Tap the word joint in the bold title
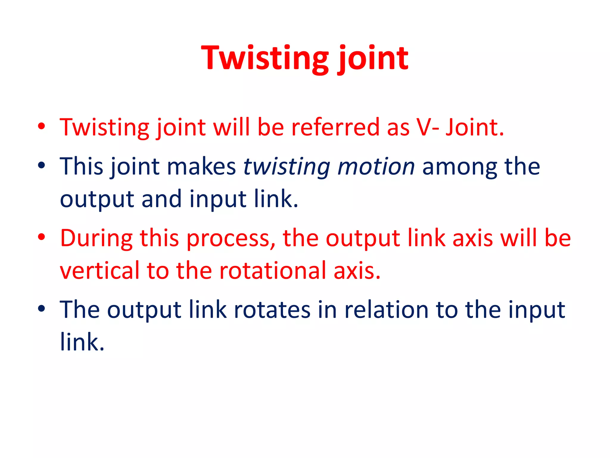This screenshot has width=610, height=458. [x=373, y=58]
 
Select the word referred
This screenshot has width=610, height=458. [x=335, y=128]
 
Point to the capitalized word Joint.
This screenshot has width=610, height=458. [x=474, y=128]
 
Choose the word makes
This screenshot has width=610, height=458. [x=201, y=166]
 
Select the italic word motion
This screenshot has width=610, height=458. [x=376, y=166]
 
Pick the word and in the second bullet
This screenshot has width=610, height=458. [x=161, y=199]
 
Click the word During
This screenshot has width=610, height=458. [x=96, y=238]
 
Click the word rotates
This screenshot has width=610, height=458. [x=272, y=310]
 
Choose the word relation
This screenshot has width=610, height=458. [x=386, y=310]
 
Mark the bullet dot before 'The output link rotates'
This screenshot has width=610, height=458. [x=41, y=309]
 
